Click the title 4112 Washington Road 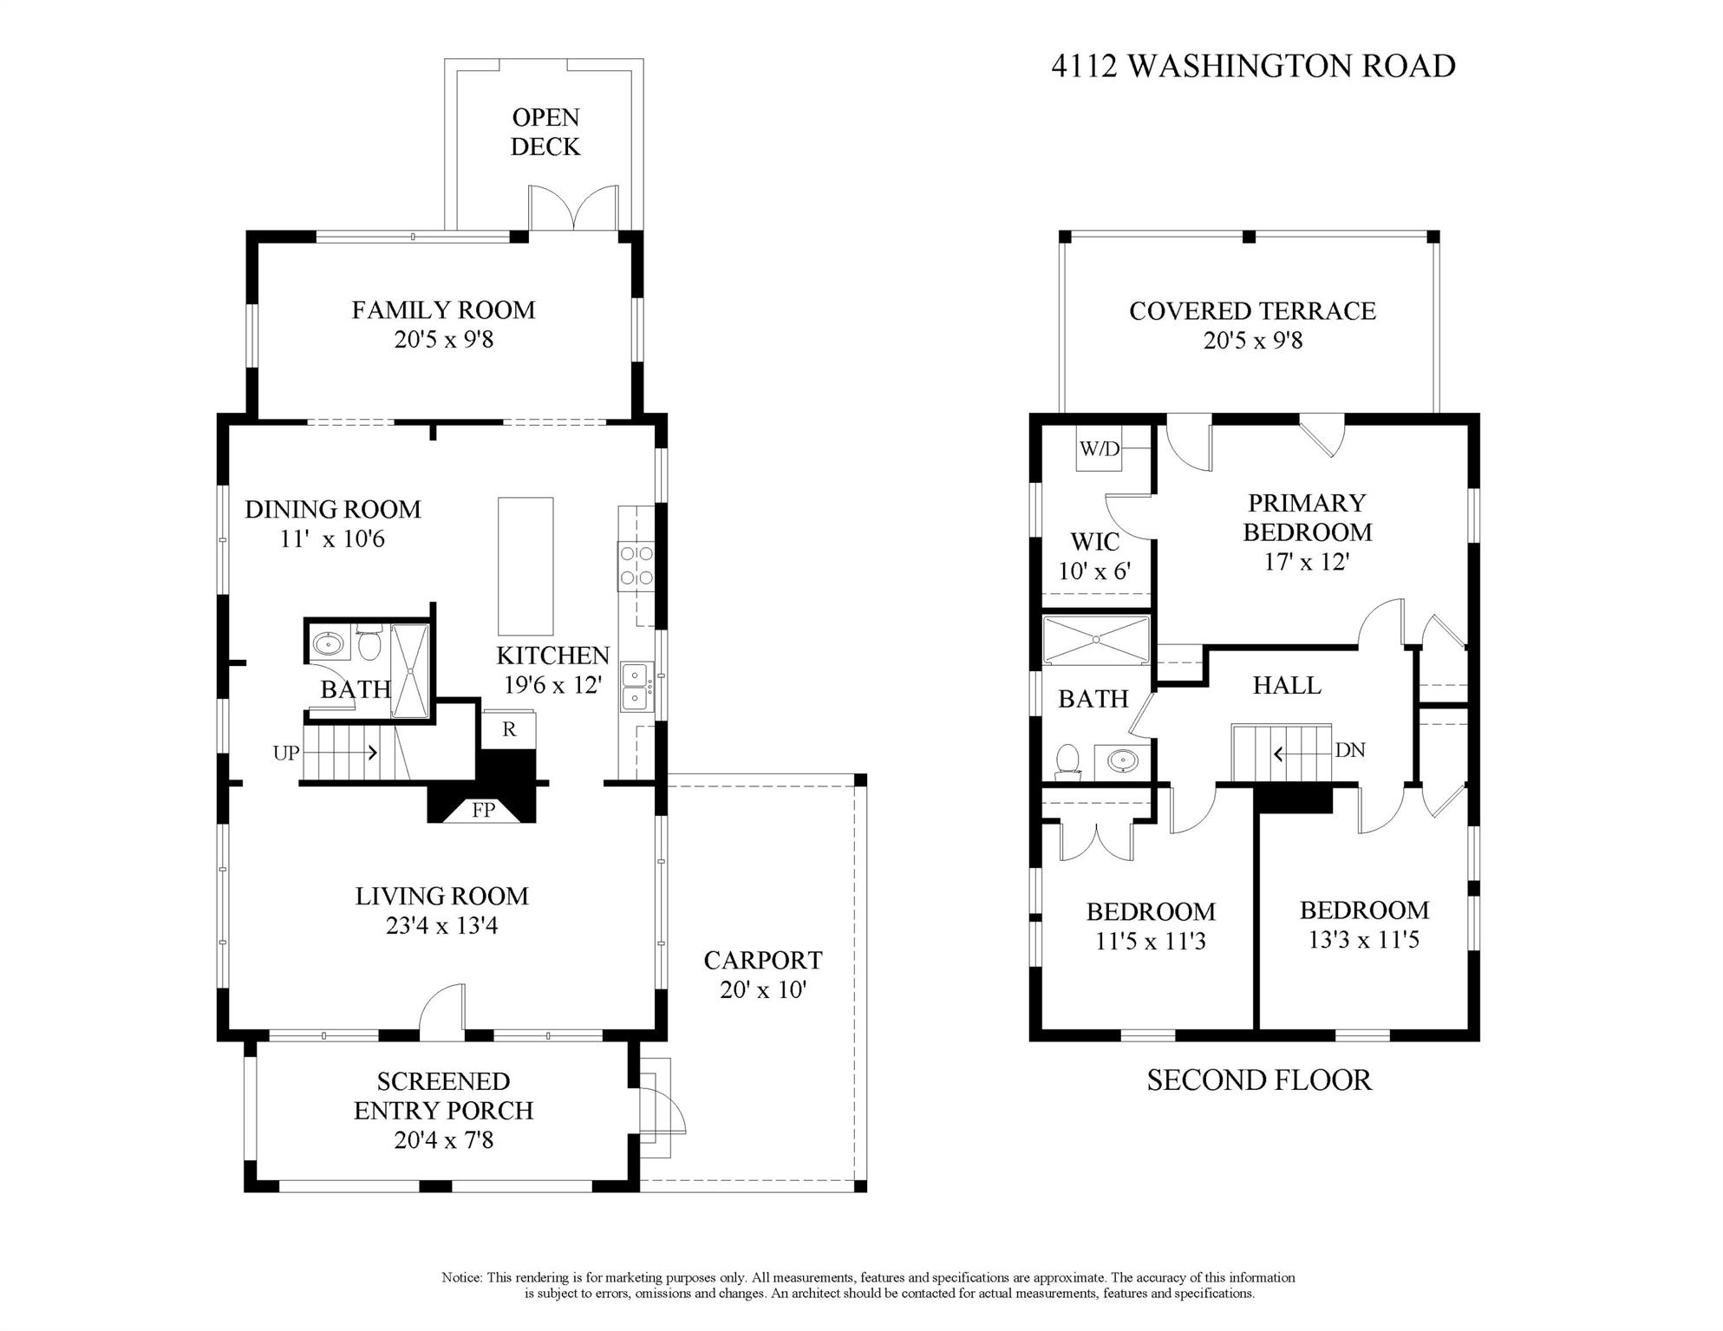[x=1253, y=66]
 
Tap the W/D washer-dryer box [x=1100, y=448]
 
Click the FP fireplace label [x=483, y=810]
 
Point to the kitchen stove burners [x=636, y=566]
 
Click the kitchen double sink [x=636, y=688]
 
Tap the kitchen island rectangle [x=525, y=566]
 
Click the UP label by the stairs [x=286, y=754]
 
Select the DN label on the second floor [x=1350, y=750]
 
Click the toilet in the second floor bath [x=1067, y=760]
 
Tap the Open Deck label [x=545, y=132]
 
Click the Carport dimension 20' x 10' [x=763, y=989]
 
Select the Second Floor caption [x=1259, y=1080]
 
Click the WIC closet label [x=1095, y=542]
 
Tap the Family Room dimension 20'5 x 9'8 [x=444, y=339]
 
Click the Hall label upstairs [x=1287, y=686]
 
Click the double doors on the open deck [x=574, y=208]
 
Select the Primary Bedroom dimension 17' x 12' [x=1307, y=562]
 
